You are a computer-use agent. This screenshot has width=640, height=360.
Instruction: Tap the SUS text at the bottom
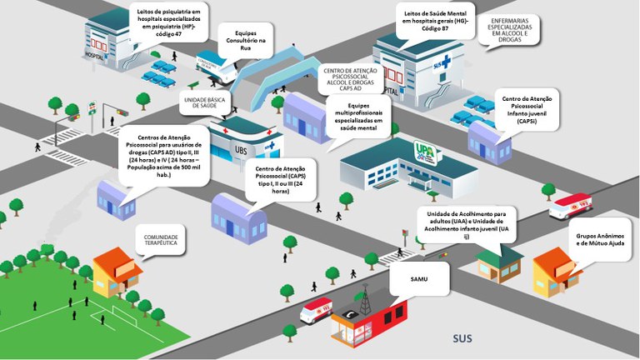pos(462,338)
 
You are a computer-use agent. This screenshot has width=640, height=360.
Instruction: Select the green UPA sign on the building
pos(425,149)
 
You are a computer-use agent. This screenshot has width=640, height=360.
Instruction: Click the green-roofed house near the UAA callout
pos(499,260)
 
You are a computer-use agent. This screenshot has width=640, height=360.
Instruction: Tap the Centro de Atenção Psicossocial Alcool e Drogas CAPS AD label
pos(348,82)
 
